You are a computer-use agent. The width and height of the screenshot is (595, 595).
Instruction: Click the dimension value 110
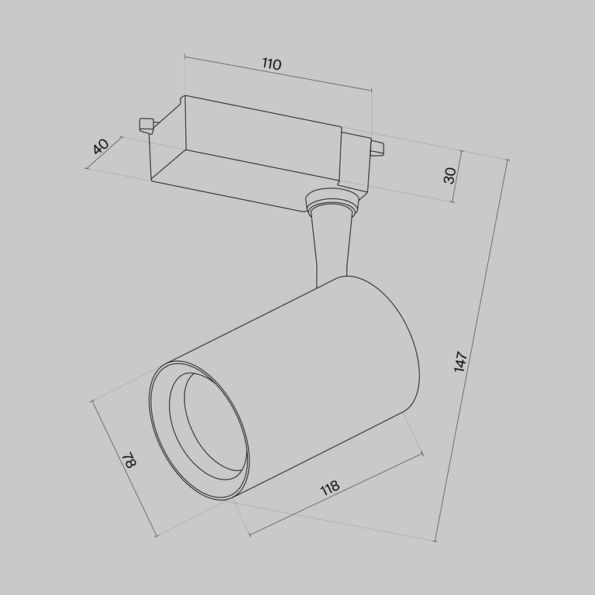pos(270,64)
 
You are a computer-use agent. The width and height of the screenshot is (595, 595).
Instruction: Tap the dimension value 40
pos(100,146)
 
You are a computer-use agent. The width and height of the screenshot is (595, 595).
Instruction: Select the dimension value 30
pos(449,175)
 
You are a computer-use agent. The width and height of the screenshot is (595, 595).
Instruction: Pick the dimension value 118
pos(329,488)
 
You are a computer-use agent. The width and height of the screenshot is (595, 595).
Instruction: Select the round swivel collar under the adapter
pos(332,204)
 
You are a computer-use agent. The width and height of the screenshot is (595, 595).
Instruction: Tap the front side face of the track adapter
pos(248,178)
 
